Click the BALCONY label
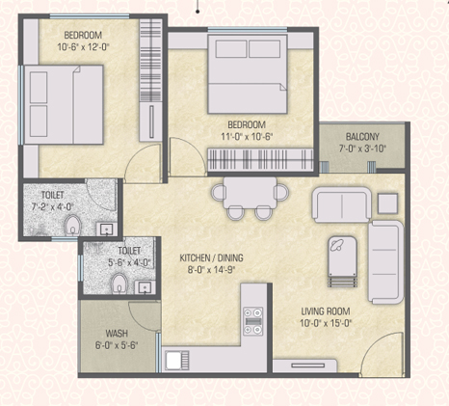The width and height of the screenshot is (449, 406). point(362,137)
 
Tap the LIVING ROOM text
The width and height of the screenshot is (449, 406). point(326,311)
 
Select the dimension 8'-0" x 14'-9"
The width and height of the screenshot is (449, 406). point(212,269)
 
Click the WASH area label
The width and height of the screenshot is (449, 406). point(117,333)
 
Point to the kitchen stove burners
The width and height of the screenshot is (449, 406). point(253,321)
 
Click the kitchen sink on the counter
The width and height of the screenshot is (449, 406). point(177,360)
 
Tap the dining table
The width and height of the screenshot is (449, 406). point(251,192)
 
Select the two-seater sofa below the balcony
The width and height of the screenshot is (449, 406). point(342,204)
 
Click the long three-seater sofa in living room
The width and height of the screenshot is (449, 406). point(385,262)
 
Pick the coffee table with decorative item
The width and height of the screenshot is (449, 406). point(342,261)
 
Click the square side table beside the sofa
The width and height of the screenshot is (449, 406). point(387,203)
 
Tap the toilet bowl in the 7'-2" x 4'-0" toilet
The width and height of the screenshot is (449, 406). point(73,225)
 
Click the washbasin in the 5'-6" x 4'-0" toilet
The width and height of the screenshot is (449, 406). point(145,287)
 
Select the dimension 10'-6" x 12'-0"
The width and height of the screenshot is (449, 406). point(84,47)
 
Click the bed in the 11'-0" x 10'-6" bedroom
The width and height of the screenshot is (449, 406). point(248,74)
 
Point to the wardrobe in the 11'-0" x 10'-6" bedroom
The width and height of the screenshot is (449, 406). point(260,159)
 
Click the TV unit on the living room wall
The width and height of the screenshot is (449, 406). point(304,365)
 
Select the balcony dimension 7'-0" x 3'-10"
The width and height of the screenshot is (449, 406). point(362,149)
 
